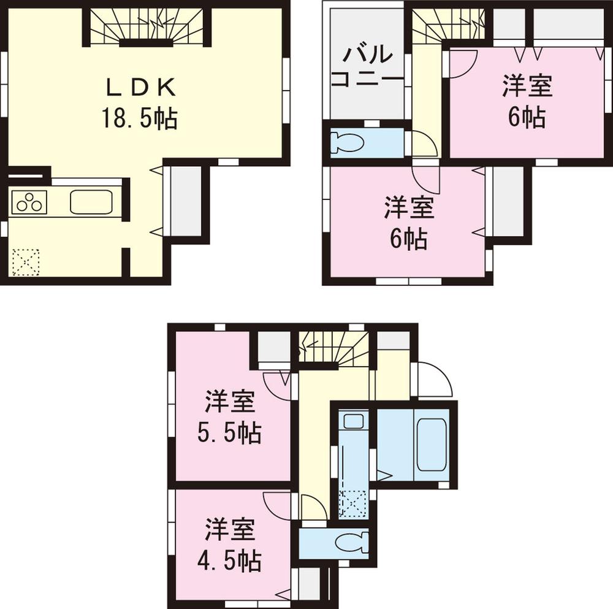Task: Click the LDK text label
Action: click(142, 88)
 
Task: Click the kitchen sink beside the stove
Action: click(90, 202)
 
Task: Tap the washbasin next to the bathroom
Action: click(352, 422)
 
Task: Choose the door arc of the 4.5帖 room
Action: click(279, 504)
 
